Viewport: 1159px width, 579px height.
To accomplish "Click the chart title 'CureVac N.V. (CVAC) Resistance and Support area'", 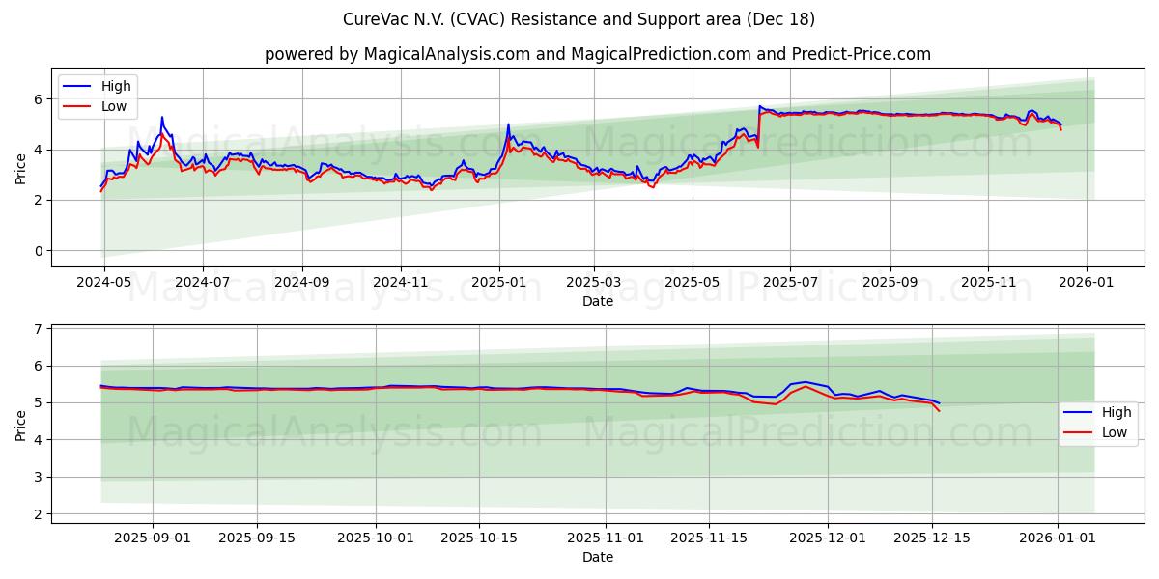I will [x=579, y=19].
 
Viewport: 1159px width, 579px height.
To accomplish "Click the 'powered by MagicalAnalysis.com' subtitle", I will [x=598, y=54].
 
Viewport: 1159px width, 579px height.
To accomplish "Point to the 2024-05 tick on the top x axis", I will [x=103, y=283].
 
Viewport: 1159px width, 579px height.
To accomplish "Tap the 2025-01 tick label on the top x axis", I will [x=498, y=283].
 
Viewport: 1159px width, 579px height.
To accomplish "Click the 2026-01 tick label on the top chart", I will [x=1086, y=283].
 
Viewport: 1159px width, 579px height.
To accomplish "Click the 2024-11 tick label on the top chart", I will [x=400, y=283].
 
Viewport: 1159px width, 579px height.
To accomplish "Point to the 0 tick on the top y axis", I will [x=38, y=251].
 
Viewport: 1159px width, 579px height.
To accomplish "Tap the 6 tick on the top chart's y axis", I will [x=38, y=99].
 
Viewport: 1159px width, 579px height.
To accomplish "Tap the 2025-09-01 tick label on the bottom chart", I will [x=153, y=538].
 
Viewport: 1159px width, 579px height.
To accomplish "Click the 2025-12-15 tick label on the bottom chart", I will [x=932, y=538].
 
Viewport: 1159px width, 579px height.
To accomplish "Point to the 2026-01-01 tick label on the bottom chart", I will [x=1058, y=538].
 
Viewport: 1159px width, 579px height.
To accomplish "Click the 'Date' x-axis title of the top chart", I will [x=598, y=301].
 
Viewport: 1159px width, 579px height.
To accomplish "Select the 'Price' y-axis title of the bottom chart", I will [x=21, y=423].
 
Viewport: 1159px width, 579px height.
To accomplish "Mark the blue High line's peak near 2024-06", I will [x=162, y=118].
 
